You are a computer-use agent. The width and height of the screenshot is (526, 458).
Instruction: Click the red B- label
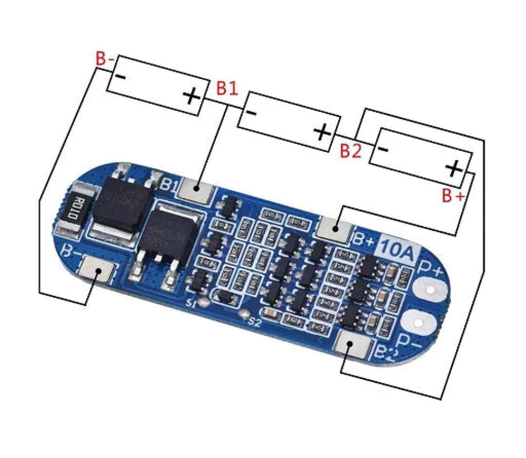coord(105,59)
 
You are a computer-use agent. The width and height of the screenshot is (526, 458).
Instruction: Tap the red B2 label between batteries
coord(351,151)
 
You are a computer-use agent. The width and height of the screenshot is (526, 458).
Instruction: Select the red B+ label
coord(453,196)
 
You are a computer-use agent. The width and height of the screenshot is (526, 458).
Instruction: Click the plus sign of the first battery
coord(191,96)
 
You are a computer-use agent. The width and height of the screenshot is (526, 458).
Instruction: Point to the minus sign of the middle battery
coord(251,113)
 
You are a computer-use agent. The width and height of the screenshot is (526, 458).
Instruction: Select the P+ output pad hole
coord(430,290)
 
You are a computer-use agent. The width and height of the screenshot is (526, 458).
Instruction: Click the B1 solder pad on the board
coord(196,189)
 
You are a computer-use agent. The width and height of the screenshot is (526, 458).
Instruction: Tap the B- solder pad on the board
coord(96,269)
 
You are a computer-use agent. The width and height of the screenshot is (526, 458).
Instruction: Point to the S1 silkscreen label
coord(191,304)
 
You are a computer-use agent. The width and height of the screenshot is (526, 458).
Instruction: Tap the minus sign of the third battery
coord(383,149)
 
